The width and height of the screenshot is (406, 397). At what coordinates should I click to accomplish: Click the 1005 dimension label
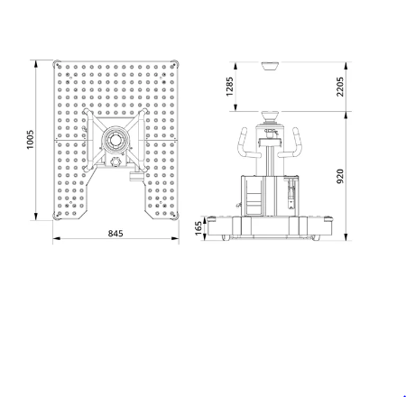coord(30,140)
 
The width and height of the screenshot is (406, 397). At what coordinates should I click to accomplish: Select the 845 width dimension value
coord(115,234)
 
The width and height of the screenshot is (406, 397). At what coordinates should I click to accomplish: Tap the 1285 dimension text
coord(229,87)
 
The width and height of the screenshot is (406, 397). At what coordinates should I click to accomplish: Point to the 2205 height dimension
coord(340,87)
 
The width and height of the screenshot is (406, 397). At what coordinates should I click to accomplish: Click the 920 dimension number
coord(340,176)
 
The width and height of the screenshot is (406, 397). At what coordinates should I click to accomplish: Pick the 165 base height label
coord(198,228)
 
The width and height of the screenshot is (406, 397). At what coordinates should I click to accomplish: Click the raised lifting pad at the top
coord(270,66)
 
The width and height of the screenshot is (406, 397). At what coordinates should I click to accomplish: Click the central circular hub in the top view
coord(115,140)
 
